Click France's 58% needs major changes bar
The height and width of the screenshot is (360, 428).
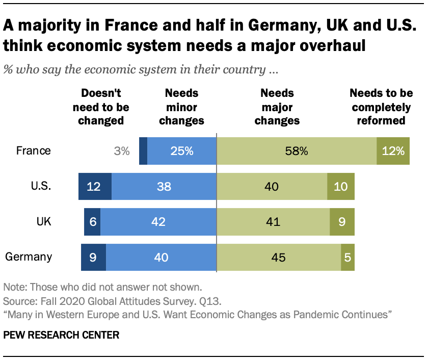(x=297, y=151)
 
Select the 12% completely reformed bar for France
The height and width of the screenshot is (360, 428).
(x=393, y=151)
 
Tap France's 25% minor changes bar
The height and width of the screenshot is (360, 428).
(x=182, y=151)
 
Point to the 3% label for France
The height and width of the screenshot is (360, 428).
(x=122, y=151)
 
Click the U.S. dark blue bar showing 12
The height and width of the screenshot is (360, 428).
(x=95, y=186)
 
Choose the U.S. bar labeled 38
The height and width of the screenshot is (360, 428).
(x=164, y=186)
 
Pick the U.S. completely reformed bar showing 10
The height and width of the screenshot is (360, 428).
(x=340, y=186)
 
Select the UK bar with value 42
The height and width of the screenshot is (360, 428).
(x=158, y=221)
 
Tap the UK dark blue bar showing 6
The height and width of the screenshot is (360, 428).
(x=92, y=221)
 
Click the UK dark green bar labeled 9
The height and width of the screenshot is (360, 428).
(x=342, y=221)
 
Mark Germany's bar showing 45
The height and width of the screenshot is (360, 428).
(x=279, y=256)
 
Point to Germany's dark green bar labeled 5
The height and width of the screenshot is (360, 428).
(x=347, y=256)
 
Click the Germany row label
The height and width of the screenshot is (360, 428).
(x=29, y=256)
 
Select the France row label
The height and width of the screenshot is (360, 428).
(x=34, y=151)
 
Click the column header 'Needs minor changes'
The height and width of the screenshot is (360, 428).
(x=181, y=107)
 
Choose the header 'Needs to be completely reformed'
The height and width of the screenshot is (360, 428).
(x=380, y=107)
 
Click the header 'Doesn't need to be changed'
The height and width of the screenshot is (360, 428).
(x=101, y=107)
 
